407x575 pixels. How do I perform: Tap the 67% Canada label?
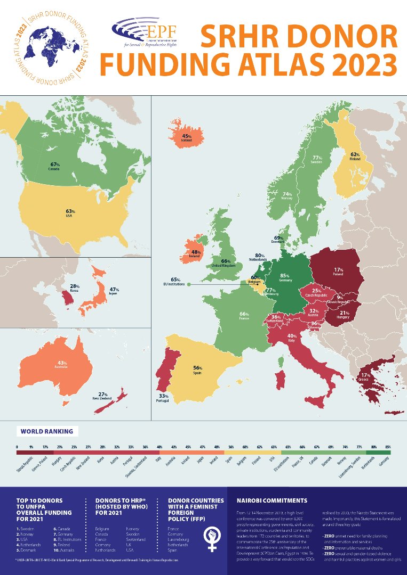(x=54, y=166)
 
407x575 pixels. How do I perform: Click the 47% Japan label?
(x=115, y=290)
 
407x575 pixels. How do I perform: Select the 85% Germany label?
(x=284, y=277)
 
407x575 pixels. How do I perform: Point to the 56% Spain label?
(x=197, y=369)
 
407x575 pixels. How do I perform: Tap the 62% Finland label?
(x=355, y=156)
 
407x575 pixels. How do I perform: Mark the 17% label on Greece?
(x=365, y=376)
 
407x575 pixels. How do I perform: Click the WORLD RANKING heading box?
(x=46, y=431)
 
